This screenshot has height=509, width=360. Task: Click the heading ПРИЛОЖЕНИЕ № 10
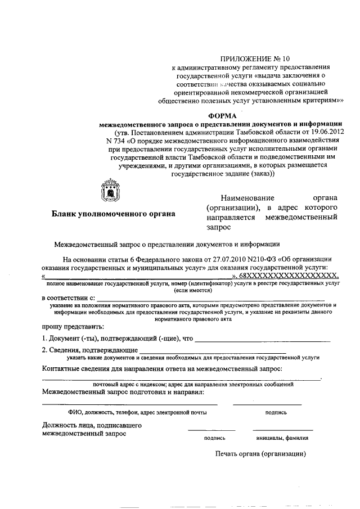pos(255,58)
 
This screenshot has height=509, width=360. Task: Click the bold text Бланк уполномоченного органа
pos(113,214)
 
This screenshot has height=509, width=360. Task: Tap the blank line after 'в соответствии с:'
pos(210,298)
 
